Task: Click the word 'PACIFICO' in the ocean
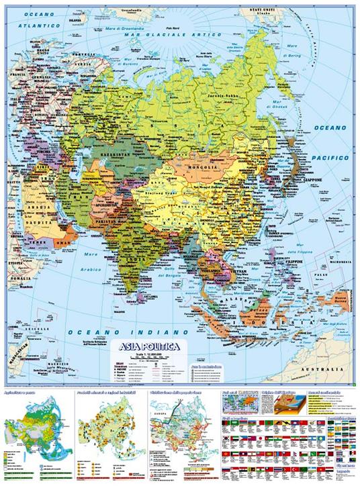click(x=333, y=156)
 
